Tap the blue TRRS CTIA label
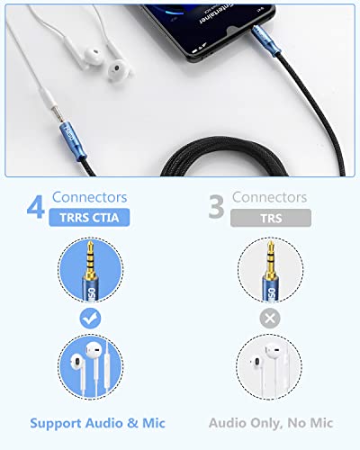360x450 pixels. coord(87,217)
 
